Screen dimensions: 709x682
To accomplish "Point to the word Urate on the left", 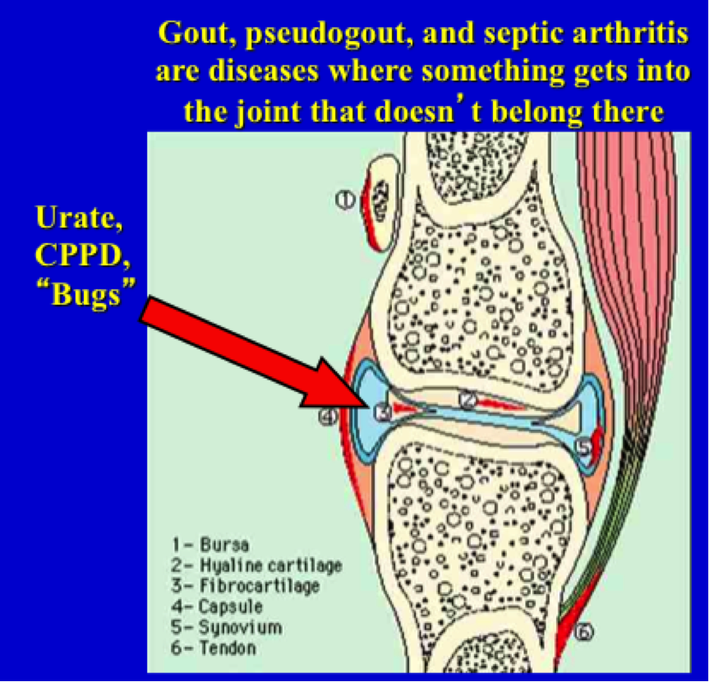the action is pyautogui.click(x=72, y=219).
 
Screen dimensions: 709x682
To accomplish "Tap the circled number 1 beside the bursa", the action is pyautogui.click(x=344, y=198).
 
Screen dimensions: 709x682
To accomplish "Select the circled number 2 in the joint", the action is pyautogui.click(x=468, y=400).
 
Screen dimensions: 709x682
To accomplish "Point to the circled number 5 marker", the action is pyautogui.click(x=582, y=448).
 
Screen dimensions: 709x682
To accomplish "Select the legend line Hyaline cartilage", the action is pyautogui.click(x=256, y=565).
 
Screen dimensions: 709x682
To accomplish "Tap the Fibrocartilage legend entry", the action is pyautogui.click(x=246, y=586).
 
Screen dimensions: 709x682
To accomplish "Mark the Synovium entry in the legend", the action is pyautogui.click(x=226, y=627).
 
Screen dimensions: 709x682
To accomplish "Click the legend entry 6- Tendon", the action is pyautogui.click(x=214, y=647).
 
